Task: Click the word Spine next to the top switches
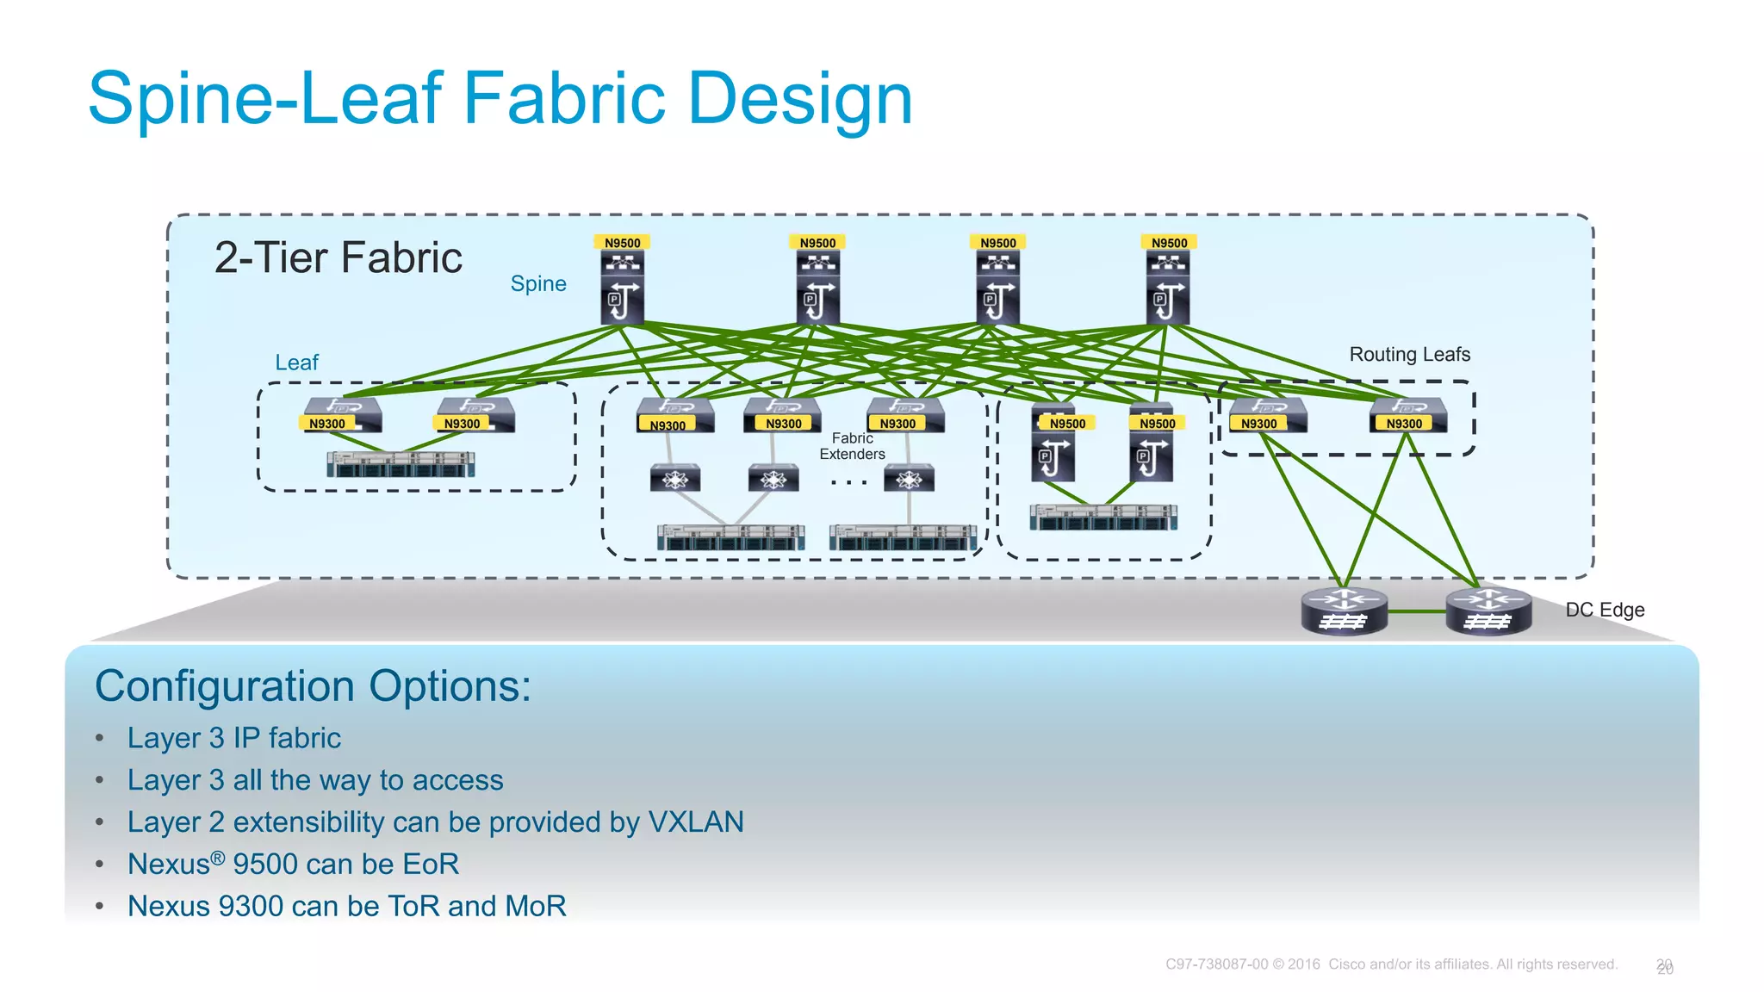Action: (x=538, y=283)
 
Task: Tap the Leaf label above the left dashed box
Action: (x=296, y=363)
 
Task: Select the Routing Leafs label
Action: (x=1409, y=354)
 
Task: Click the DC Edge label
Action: (x=1605, y=610)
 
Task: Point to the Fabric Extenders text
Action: (x=852, y=446)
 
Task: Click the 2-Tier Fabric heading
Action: (x=338, y=257)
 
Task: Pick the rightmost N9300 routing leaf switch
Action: (x=1408, y=414)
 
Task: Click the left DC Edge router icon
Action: (x=1344, y=611)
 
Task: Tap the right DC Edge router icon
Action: (x=1488, y=611)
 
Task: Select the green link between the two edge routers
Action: (x=1416, y=611)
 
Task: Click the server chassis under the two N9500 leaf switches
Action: (x=1102, y=518)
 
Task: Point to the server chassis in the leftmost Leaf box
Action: (x=401, y=465)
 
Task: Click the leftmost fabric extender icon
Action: (x=674, y=478)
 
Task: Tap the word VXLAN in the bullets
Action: (x=695, y=821)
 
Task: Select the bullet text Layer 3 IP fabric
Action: (x=234, y=738)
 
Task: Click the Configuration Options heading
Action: (x=313, y=686)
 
